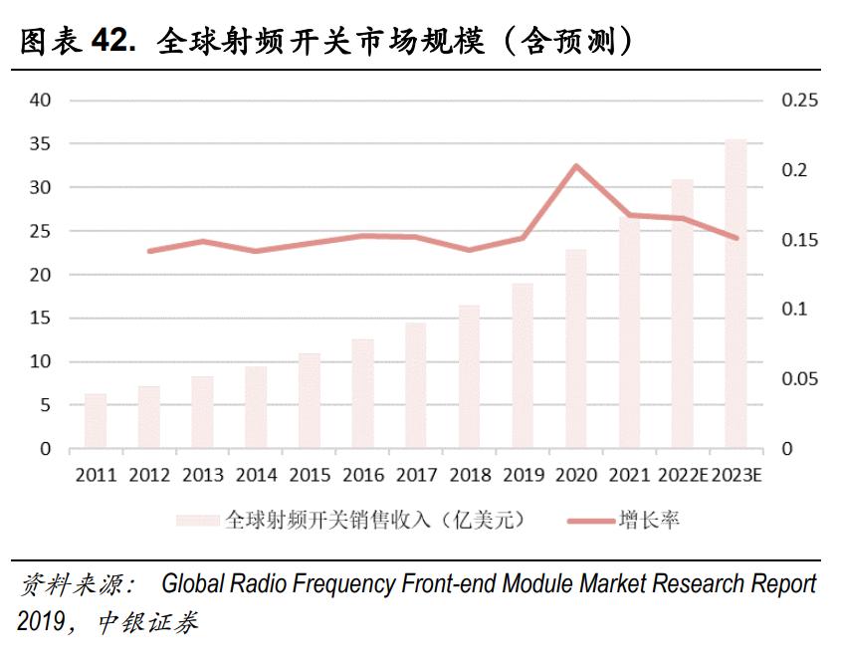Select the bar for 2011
pos(96,421)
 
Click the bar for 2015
pos(310,401)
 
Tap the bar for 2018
pos(470,377)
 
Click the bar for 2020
pos(576,349)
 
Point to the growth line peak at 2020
pos(576,165)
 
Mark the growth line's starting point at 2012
pos(149,251)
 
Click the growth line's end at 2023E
pos(736,238)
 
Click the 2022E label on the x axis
pos(683,475)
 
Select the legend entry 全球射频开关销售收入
pos(373,520)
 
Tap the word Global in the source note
pos(195,583)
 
